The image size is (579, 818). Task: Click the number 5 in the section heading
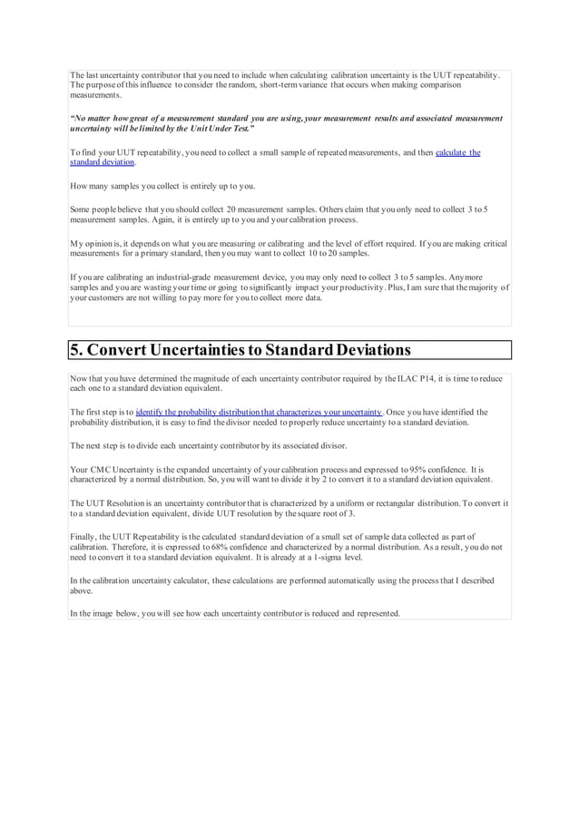click(76, 350)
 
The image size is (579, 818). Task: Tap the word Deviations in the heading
click(361, 350)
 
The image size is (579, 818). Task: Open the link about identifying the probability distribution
click(259, 412)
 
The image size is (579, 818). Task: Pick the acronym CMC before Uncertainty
click(97, 470)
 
